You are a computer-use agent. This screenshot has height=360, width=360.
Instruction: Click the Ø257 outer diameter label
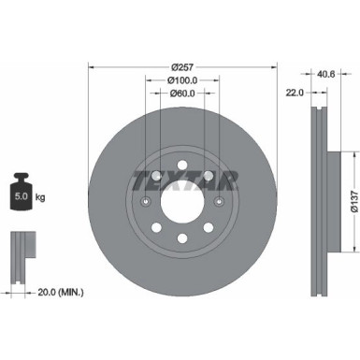pyautogui.click(x=182, y=67)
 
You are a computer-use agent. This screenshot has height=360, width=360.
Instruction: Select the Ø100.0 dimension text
pyautogui.click(x=182, y=80)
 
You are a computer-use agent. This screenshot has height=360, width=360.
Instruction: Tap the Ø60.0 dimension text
pyautogui.click(x=182, y=94)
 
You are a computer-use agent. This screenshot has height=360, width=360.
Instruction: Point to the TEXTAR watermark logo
pyautogui.click(x=183, y=180)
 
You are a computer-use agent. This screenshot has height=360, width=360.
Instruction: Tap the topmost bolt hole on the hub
pyautogui.click(x=183, y=162)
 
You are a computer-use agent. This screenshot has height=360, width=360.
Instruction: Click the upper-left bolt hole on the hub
pyautogui.click(x=150, y=181)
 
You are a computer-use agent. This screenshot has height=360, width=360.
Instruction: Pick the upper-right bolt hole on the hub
pyautogui.click(x=216, y=181)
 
